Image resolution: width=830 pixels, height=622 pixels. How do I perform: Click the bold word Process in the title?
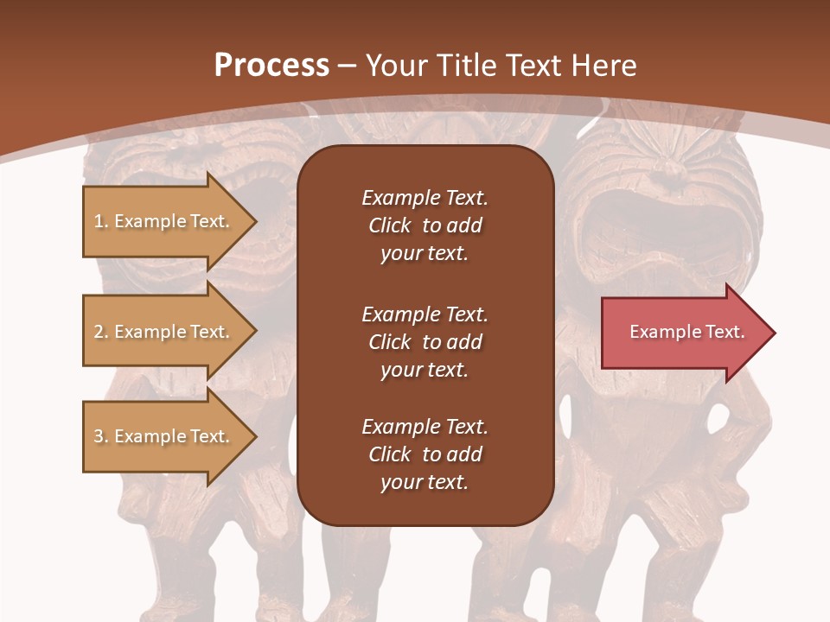click(x=271, y=65)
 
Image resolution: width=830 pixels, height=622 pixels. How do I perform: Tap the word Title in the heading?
click(x=465, y=65)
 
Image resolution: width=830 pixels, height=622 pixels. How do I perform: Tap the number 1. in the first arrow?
click(x=101, y=221)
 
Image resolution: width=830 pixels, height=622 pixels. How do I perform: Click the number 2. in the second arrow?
click(x=101, y=332)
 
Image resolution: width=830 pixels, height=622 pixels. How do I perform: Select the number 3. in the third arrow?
click(x=101, y=436)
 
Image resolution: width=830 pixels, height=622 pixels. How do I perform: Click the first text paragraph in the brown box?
click(x=425, y=225)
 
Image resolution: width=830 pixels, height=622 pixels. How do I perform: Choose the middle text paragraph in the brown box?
click(x=425, y=341)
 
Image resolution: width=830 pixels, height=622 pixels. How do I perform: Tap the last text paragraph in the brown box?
click(x=425, y=454)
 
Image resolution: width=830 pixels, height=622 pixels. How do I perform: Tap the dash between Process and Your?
click(x=348, y=66)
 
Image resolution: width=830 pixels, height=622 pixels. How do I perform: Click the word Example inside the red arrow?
click(x=660, y=332)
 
